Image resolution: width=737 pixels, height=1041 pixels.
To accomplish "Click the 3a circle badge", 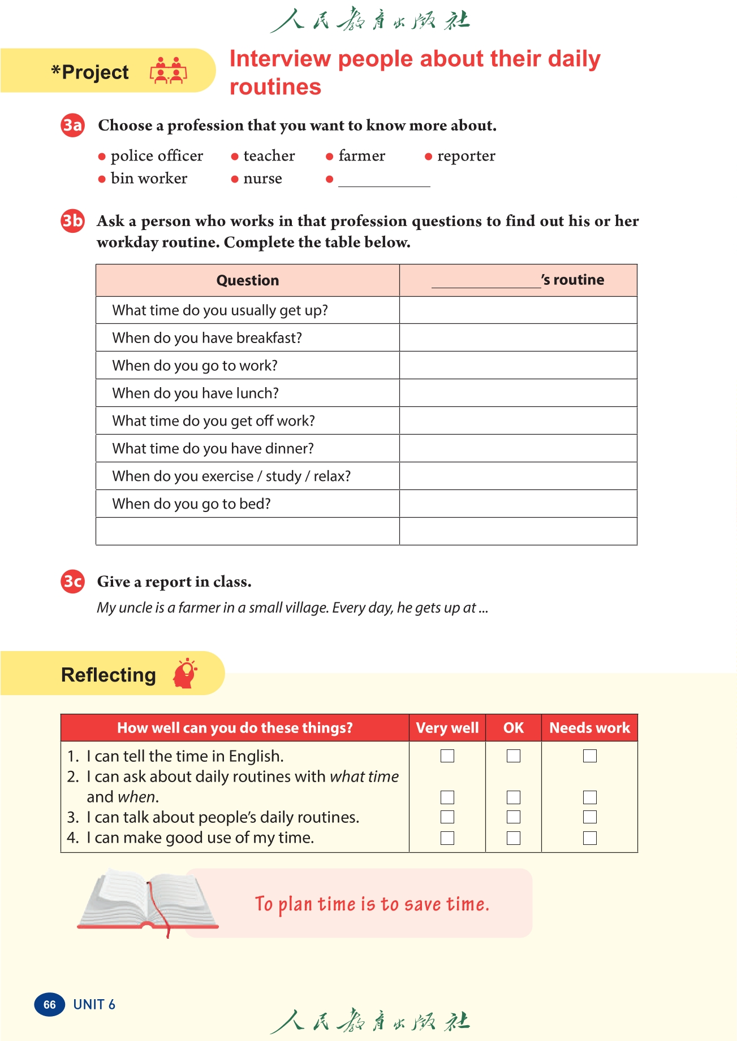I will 72,125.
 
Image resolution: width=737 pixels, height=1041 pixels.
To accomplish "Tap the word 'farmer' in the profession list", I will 361,156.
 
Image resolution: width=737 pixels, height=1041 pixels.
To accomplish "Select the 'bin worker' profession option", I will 149,179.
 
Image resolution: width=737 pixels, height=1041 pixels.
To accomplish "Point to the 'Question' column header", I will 248,280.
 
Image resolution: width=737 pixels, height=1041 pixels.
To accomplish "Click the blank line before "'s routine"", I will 486,281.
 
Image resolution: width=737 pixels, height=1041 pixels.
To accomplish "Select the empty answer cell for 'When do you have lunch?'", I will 518,393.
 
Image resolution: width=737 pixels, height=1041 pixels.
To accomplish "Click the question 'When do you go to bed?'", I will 191,504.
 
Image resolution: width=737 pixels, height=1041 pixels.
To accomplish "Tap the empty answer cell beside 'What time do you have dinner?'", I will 518,448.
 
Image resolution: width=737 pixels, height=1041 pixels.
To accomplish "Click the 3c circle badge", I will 72,582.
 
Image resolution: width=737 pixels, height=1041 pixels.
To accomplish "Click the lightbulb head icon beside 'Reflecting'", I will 186,673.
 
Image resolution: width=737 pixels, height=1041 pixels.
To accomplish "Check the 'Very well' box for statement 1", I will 447,756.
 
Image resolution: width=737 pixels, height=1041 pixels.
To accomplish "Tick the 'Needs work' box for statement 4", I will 590,838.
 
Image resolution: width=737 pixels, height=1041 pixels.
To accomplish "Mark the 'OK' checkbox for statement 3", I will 514,817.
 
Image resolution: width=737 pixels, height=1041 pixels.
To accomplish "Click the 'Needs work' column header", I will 589,728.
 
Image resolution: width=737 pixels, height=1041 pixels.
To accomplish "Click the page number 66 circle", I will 50,1004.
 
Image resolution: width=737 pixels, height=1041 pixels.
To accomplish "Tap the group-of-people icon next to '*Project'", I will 168,71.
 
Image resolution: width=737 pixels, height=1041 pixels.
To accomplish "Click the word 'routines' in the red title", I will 275,87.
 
